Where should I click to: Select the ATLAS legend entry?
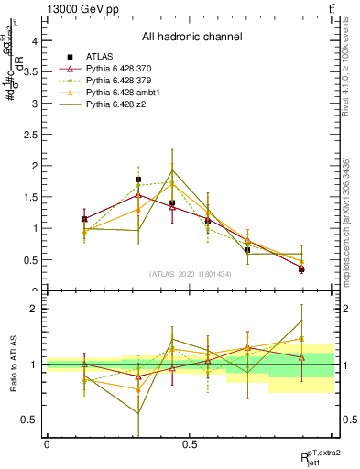click(x=100, y=56)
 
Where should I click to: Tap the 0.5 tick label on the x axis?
click(x=189, y=443)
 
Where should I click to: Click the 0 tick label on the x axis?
click(x=47, y=443)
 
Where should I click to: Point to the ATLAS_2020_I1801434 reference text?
click(x=191, y=274)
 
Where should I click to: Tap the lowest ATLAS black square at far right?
click(x=301, y=268)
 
